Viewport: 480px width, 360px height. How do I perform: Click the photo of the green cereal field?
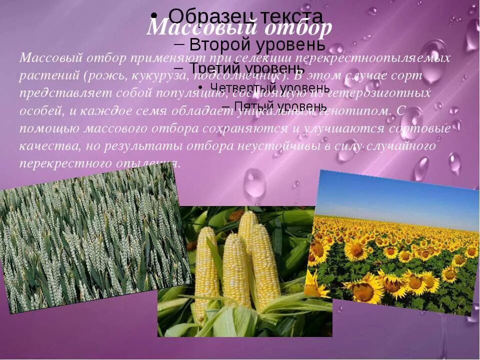tap(90, 240)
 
